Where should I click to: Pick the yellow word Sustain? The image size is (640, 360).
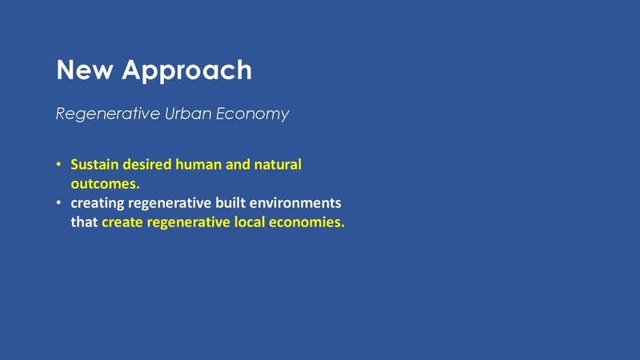click(x=94, y=166)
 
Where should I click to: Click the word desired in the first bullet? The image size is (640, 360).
click(x=146, y=166)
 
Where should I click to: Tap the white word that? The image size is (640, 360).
click(x=83, y=222)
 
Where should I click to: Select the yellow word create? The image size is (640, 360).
click(x=123, y=222)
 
